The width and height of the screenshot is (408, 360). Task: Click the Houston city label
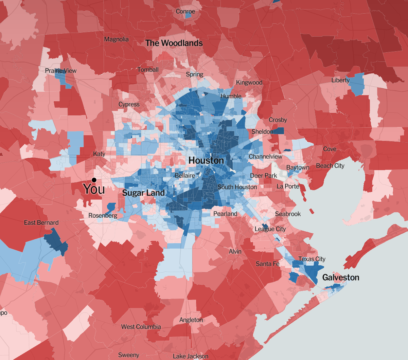206,160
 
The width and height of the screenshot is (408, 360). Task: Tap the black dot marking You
94,180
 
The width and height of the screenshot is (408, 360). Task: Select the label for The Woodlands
174,43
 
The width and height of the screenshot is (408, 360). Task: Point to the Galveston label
340,277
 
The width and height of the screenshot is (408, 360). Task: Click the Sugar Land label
143,193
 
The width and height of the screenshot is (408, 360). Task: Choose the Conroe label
185,12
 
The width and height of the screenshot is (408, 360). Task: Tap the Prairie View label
61,71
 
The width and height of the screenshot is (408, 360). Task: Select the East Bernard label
41,222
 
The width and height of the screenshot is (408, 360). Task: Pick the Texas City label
312,259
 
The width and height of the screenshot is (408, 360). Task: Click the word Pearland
225,214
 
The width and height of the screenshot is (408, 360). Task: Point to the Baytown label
298,167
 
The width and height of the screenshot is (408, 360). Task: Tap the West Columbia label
141,327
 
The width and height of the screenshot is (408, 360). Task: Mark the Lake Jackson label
190,356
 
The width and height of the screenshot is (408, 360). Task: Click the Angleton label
191,320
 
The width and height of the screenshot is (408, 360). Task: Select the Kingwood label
249,83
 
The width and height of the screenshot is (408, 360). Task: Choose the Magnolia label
116,39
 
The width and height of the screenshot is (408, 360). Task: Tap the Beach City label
330,166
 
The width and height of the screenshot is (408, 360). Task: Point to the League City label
270,229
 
